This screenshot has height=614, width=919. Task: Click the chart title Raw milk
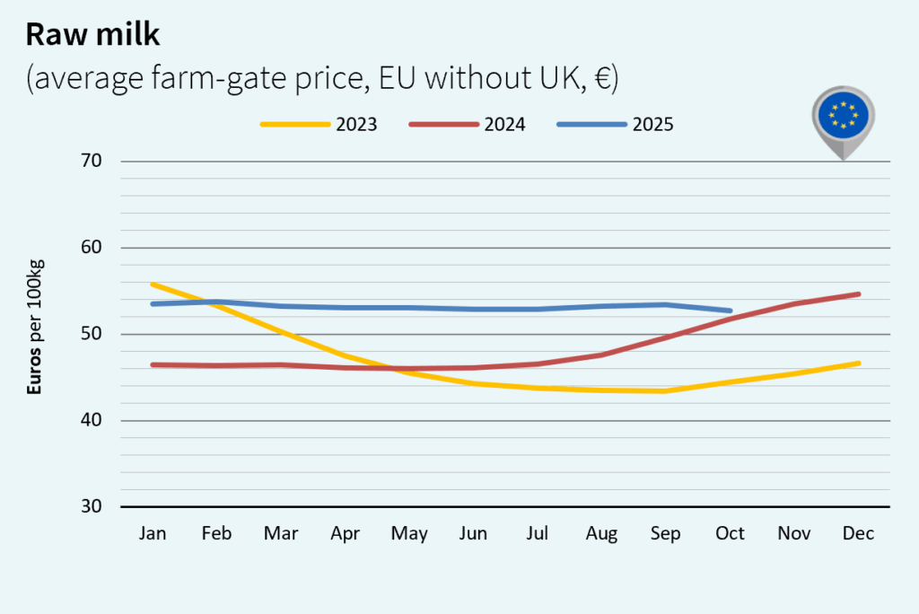92,34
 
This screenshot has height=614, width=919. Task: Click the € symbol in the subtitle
600,78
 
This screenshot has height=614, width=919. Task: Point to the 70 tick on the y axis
92,162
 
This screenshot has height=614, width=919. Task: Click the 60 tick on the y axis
92,248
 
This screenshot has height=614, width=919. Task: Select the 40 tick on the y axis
92,420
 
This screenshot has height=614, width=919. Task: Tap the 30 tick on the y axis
92,506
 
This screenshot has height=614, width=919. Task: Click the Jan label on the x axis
153,533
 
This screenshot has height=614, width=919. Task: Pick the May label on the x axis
409,533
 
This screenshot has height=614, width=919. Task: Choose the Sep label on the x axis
666,533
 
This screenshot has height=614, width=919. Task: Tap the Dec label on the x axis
859,533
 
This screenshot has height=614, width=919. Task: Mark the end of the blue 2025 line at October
731,311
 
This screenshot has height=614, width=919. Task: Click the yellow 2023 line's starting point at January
153,285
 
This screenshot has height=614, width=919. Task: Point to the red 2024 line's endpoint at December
859,294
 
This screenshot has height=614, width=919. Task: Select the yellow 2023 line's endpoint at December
859,363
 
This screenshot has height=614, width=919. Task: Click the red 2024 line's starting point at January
153,364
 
